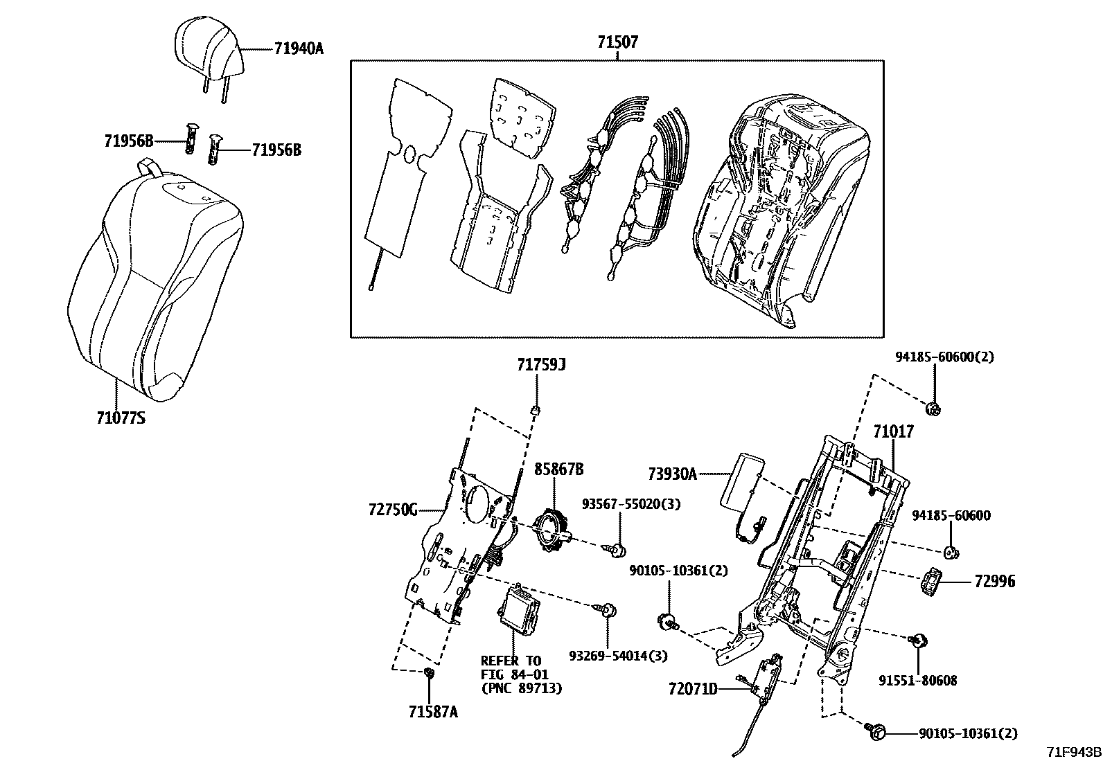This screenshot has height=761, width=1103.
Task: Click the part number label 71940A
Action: tap(299, 48)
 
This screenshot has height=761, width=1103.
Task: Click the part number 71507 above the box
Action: tap(617, 42)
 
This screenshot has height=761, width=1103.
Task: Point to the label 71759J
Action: tap(540, 364)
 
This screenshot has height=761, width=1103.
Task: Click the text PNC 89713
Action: tap(521, 688)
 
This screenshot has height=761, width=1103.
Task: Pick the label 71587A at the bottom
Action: tap(433, 713)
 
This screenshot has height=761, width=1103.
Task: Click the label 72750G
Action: tap(393, 511)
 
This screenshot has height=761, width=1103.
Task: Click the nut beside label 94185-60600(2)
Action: tap(934, 408)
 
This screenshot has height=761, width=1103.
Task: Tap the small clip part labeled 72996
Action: tap(932, 581)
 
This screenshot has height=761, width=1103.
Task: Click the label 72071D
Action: tap(693, 689)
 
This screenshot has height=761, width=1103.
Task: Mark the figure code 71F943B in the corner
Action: tap(1073, 752)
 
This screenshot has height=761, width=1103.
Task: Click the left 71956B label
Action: tap(128, 141)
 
